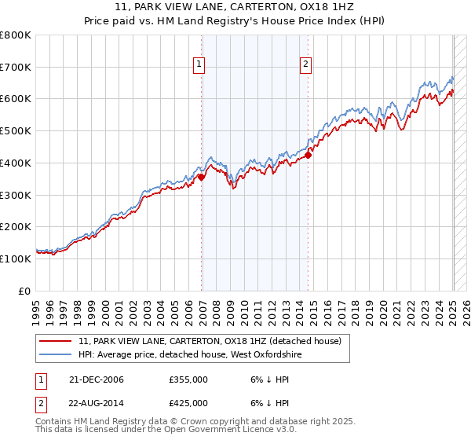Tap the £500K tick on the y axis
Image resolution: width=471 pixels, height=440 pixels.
(x=16, y=131)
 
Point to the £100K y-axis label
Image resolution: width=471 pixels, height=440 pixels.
(x=16, y=258)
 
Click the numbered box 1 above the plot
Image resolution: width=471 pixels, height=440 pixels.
(x=199, y=65)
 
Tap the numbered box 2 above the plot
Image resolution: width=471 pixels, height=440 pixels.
(x=305, y=65)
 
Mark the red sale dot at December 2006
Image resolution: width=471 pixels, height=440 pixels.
(x=202, y=178)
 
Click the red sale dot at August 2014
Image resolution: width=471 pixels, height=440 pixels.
(x=309, y=155)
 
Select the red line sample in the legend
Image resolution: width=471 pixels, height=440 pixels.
(x=57, y=342)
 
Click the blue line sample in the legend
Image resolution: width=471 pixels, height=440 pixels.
(x=57, y=355)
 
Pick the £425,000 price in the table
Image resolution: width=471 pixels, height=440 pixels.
(x=188, y=403)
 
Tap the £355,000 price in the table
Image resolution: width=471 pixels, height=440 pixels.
(x=188, y=380)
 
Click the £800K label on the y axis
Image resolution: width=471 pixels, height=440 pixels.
(x=16, y=35)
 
